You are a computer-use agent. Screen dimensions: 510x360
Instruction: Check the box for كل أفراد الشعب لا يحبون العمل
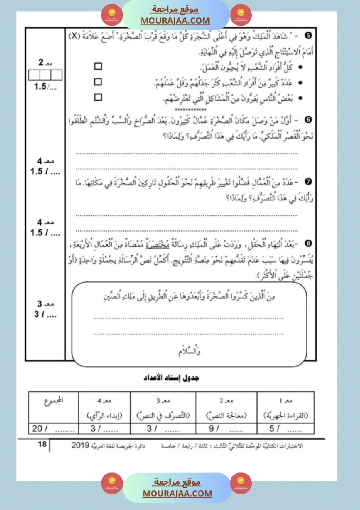coord(98,66)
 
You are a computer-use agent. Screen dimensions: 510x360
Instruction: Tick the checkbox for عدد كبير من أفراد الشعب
coord(98,82)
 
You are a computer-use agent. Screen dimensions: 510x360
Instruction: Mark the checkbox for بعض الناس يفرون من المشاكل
coord(98,97)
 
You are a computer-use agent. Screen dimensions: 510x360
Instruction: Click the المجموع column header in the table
coord(53,401)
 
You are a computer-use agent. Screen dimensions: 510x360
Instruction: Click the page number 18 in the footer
coord(42,445)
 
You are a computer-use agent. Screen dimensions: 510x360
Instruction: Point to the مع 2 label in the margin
coord(45,63)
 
